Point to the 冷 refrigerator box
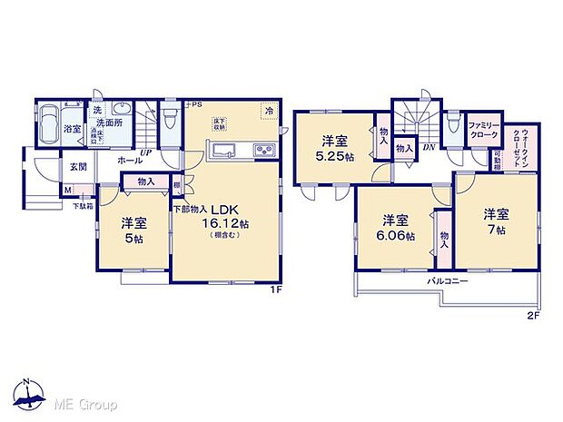(269, 111)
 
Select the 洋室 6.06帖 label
(394, 227)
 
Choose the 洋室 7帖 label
(494, 221)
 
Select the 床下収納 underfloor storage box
(221, 124)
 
